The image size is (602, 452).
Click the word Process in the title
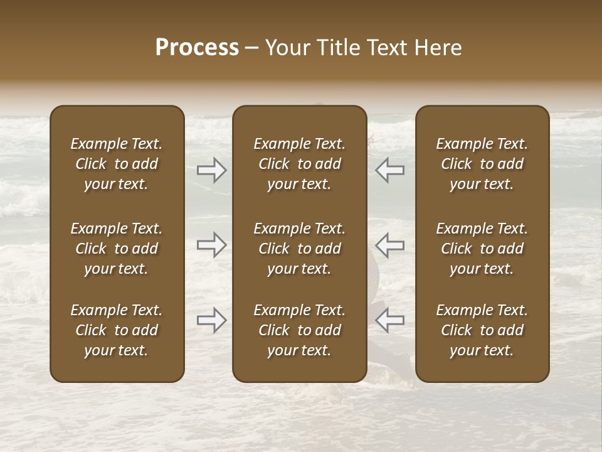197,48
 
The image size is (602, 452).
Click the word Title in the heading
337,48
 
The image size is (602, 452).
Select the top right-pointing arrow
212,170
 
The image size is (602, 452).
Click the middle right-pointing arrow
212,244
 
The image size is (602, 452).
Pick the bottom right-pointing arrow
212,320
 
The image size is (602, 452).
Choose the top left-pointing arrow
390,170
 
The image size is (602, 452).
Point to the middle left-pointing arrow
390,244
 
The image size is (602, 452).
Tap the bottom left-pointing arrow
390,320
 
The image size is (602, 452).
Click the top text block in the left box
117,164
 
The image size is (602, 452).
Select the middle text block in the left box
117,249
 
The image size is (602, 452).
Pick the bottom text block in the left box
117,330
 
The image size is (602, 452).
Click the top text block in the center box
300,164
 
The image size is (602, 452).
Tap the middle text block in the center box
300,249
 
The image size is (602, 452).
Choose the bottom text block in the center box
300,330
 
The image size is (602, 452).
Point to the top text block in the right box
482,164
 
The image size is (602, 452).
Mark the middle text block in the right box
482,249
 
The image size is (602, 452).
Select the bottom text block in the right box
482,330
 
